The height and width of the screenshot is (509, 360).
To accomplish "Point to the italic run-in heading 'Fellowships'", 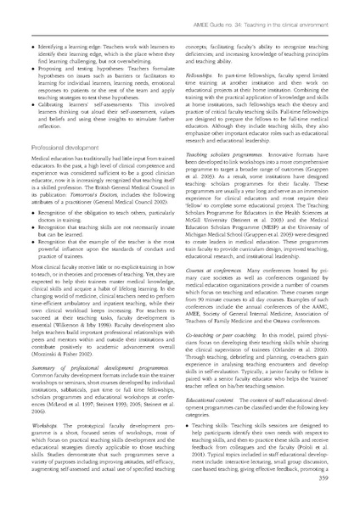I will (206, 76).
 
